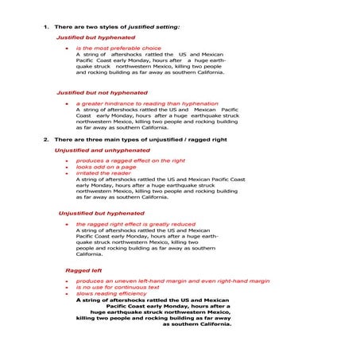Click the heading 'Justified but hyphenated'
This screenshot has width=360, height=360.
pos(95,37)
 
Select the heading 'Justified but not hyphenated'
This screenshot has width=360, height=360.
pos(102,92)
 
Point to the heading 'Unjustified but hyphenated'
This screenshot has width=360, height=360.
pos(102,213)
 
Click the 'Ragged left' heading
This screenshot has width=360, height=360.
pos(83,270)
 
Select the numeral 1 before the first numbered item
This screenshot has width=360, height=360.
pos(45,26)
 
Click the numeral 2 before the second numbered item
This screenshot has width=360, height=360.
pos(45,139)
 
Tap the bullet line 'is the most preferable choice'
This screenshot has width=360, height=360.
pos(118,48)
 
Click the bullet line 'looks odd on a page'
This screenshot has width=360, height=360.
pos(106,167)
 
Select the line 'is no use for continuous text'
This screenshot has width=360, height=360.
pos(118,287)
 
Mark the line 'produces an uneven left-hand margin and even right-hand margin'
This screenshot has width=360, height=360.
pos(172,281)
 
